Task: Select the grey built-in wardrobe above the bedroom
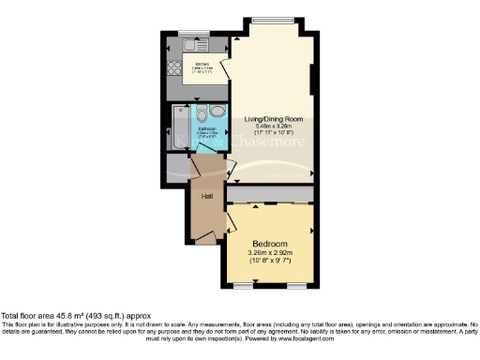tap(273, 193)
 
